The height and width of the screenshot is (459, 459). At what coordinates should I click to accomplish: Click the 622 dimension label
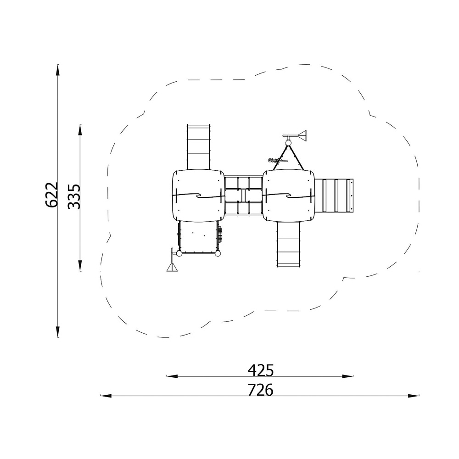[52, 195]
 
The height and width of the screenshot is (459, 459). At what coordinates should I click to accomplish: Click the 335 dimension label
[74, 196]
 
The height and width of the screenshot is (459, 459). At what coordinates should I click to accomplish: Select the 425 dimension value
[261, 370]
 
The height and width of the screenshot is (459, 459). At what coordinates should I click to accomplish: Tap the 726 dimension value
[261, 390]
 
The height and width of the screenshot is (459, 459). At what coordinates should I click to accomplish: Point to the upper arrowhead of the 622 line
[58, 71]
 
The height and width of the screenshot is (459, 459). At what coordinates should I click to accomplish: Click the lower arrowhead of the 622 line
[58, 331]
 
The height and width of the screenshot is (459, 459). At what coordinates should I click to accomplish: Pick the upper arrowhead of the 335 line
[80, 130]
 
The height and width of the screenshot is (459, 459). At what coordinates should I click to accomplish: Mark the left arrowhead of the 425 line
[173, 376]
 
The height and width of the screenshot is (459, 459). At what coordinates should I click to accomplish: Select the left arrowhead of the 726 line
[107, 396]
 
